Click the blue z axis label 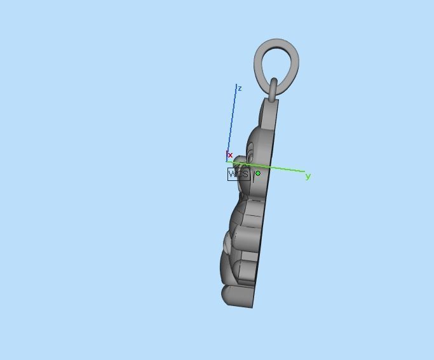coord(240,88)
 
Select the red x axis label coord(230,155)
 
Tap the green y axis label coord(308,177)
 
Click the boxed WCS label coord(238,174)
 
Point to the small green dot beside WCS coord(258,173)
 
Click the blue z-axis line coord(233,121)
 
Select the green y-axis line coord(280,168)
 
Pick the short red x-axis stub coord(227,156)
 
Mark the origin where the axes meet coord(227,162)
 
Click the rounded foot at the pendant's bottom coord(233,295)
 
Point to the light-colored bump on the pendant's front coord(227,241)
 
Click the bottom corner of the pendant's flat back coord(254,307)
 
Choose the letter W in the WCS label coord(233,174)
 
